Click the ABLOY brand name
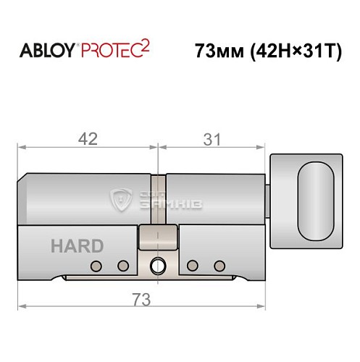coord(44,51)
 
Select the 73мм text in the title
coord(215,51)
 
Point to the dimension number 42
coord(88,139)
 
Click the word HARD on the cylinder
coord(77,245)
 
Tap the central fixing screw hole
coord(158,266)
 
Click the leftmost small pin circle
coord(94,266)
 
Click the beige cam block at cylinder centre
coord(157,236)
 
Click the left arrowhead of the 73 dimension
coord(22,306)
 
